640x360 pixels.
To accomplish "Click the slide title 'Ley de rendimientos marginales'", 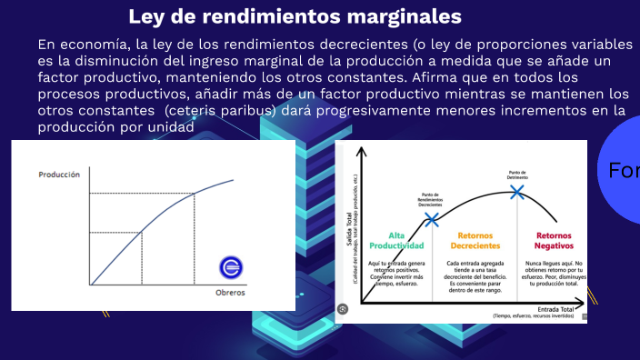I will (x=295, y=16).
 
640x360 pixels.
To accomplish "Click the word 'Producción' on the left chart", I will (x=59, y=174).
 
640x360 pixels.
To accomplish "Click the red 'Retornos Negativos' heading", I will (x=554, y=240).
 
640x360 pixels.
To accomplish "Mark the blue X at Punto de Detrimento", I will (x=517, y=192).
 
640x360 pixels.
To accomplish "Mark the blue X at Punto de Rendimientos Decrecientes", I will (x=431, y=219).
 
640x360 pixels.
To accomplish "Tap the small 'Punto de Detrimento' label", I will (x=517, y=175).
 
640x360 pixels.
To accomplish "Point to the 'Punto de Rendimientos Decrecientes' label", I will (x=430, y=200).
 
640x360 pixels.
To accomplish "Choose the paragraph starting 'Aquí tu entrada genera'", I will (x=396, y=274).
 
